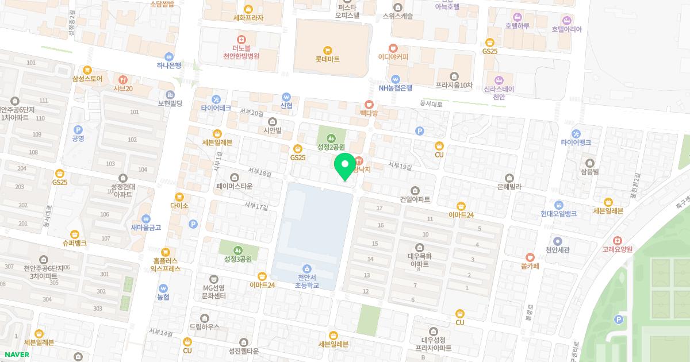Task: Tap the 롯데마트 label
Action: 327,59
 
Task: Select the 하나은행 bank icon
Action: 169,56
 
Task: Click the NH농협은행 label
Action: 396,88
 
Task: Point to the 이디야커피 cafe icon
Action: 393,48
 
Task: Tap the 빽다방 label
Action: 369,114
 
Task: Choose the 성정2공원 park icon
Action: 331,138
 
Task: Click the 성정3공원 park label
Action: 238,259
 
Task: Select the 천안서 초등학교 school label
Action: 307,281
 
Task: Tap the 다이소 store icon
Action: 179,197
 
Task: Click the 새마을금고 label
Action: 146,228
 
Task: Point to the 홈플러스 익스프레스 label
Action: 166,264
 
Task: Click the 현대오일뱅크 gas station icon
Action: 558,205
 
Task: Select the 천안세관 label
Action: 557,250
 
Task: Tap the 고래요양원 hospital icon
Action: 618,240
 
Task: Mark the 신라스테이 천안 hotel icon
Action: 499,80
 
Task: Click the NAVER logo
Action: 16,355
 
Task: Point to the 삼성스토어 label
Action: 87,79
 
